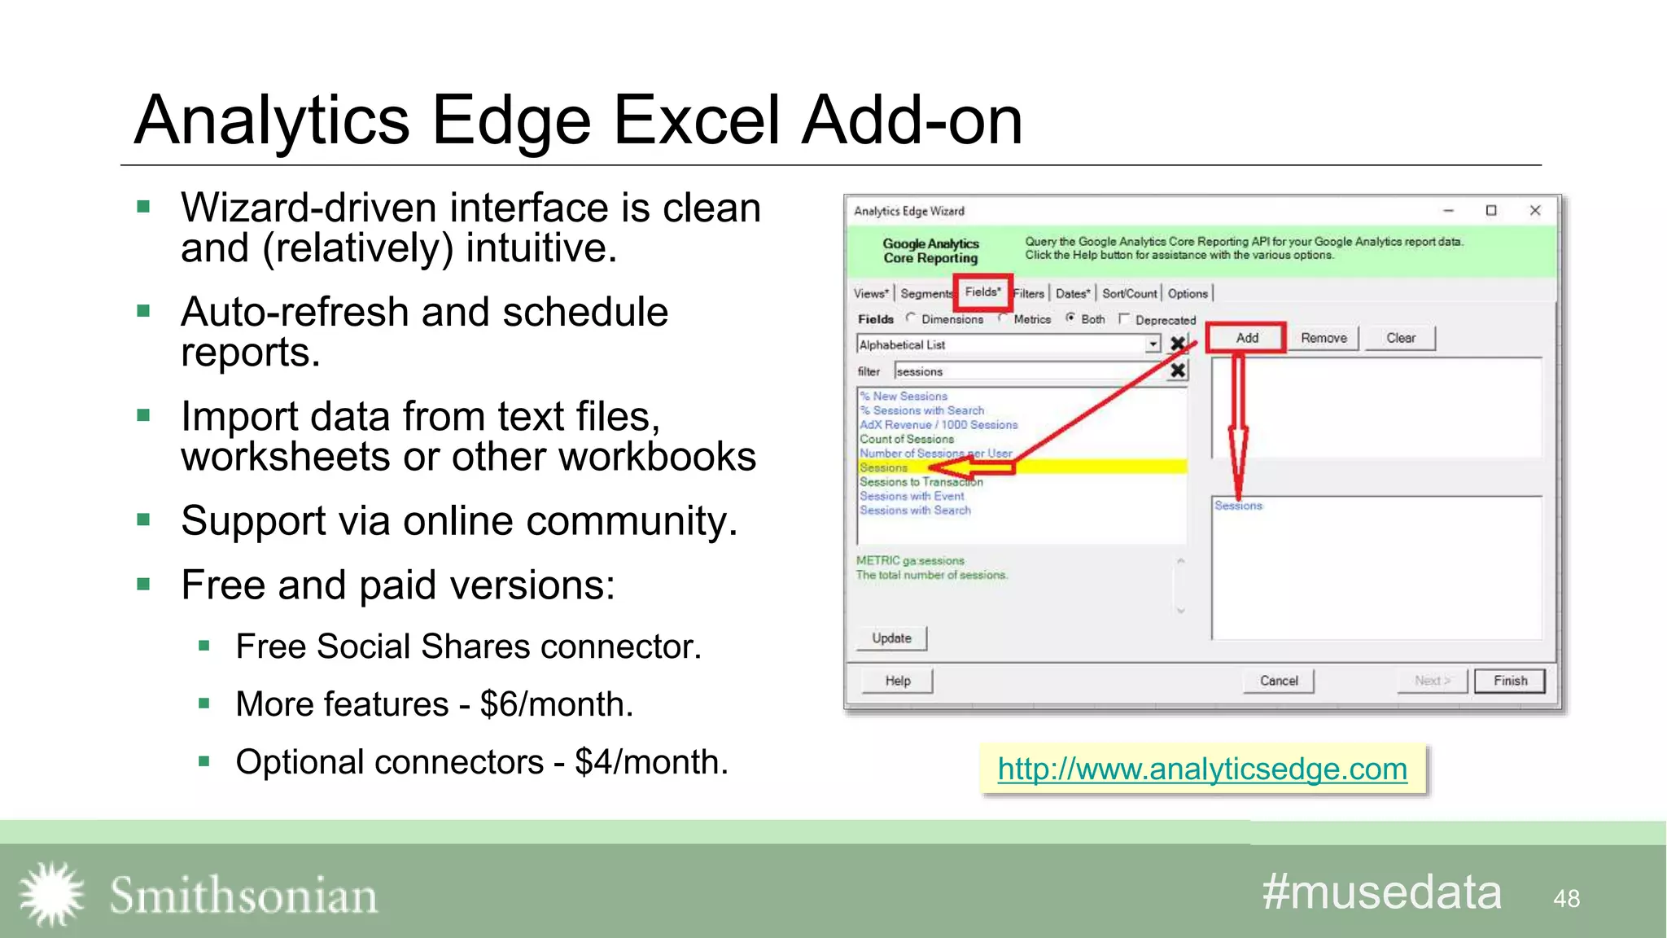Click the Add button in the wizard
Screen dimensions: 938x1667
coord(1246,338)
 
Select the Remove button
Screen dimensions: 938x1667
coord(1324,338)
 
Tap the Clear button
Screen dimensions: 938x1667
coord(1400,338)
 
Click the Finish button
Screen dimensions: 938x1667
coord(1510,681)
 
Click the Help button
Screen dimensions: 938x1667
coord(898,681)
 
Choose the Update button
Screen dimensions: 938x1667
coord(891,638)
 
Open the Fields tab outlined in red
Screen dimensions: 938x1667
coord(982,292)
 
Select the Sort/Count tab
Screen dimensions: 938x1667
coord(1129,294)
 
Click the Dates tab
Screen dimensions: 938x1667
coord(1072,294)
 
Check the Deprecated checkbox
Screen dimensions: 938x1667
coord(1125,319)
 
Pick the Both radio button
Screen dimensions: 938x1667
coord(1071,318)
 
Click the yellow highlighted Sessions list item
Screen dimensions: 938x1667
coord(884,467)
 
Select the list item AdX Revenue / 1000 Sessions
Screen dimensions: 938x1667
coord(939,425)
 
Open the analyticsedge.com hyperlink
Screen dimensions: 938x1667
coord(1202,769)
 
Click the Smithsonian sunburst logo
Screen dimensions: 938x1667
coord(51,894)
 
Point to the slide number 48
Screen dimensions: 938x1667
coord(1566,898)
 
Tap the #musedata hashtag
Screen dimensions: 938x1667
coord(1381,892)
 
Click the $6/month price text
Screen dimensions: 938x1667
coord(555,704)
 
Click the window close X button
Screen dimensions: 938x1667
coord(1535,211)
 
